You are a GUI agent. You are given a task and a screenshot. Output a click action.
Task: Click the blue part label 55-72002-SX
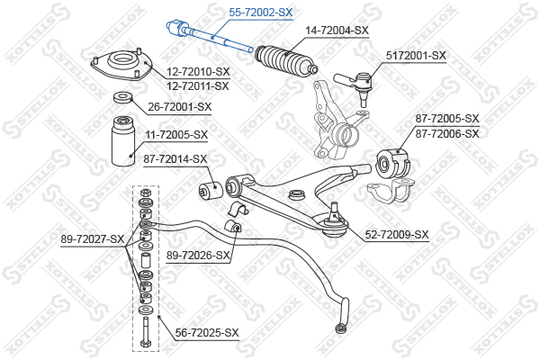261,13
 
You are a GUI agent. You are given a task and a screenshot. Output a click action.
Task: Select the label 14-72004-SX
337,31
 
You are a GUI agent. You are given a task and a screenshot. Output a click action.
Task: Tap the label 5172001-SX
416,56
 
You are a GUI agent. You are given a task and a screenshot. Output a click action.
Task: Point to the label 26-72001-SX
180,107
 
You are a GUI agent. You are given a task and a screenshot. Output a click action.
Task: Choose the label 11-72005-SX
176,135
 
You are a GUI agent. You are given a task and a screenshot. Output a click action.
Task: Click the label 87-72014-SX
175,159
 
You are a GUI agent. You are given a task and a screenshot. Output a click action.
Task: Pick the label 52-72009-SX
397,235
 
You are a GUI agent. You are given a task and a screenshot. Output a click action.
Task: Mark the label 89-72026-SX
198,256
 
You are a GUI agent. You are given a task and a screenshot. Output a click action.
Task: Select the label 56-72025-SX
207,333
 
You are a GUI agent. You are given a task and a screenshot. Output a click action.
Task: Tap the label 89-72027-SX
93,239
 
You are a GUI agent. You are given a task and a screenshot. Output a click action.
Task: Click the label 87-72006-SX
447,134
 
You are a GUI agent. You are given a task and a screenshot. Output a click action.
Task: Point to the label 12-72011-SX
198,86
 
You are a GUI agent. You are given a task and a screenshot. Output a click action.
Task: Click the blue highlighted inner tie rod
210,36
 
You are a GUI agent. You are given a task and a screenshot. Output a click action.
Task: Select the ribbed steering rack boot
286,60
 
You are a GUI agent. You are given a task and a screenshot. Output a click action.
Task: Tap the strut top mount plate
121,65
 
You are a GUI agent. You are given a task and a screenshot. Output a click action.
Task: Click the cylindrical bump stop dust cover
123,141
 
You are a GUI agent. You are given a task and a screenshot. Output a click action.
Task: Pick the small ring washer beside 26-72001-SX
121,97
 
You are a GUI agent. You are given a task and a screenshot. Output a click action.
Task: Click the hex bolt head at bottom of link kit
145,343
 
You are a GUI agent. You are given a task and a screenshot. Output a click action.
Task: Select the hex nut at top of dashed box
145,192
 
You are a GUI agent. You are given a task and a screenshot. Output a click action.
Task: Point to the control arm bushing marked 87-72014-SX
211,189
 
